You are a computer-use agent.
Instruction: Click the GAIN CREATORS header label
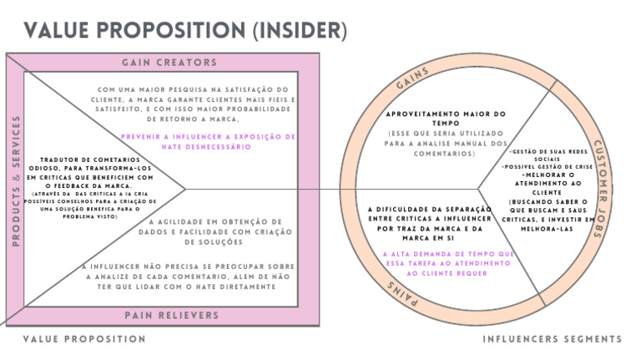coord(169,63)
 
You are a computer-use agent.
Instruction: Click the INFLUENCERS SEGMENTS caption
coord(552,339)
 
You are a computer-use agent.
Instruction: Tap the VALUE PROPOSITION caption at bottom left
coord(83,339)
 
